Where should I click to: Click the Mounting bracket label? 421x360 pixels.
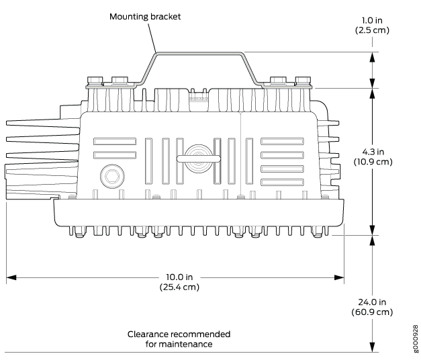coord(145,17)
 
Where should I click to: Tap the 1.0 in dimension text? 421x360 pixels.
coord(372,20)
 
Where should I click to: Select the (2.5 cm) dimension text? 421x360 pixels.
coord(372,30)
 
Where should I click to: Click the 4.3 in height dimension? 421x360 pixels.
coord(373,152)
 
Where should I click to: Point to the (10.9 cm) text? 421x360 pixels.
coord(373,162)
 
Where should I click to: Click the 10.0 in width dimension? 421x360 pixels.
coord(179,277)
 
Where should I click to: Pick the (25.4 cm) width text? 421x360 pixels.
coord(179,287)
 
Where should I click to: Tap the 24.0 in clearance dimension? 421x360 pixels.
coord(372,302)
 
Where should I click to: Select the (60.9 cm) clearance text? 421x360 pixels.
coord(372,312)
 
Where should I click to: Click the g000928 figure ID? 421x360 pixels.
coord(416,339)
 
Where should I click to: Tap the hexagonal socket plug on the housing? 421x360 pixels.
coord(112,176)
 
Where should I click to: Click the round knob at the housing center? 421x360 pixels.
coord(199,159)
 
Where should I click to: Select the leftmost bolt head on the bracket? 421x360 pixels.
coord(95,80)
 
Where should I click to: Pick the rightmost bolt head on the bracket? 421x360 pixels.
coord(303,80)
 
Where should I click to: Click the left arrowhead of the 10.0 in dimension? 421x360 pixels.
coord(11,277)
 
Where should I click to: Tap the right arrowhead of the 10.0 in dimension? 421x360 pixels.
coord(339,277)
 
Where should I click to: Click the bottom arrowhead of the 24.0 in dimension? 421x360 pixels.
coord(372,347)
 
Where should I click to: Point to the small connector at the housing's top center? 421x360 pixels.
coord(199,95)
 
